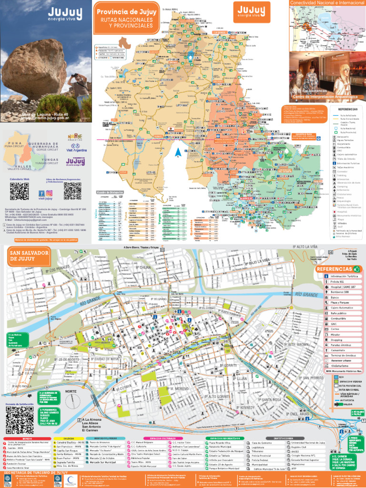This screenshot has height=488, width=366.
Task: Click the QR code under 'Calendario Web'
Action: pos(19,191)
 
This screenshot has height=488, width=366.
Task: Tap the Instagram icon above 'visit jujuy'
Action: pos(49,193)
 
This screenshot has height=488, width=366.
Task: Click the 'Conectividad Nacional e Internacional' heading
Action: pos(327,3)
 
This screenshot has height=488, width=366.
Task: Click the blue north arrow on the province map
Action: pos(177,152)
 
